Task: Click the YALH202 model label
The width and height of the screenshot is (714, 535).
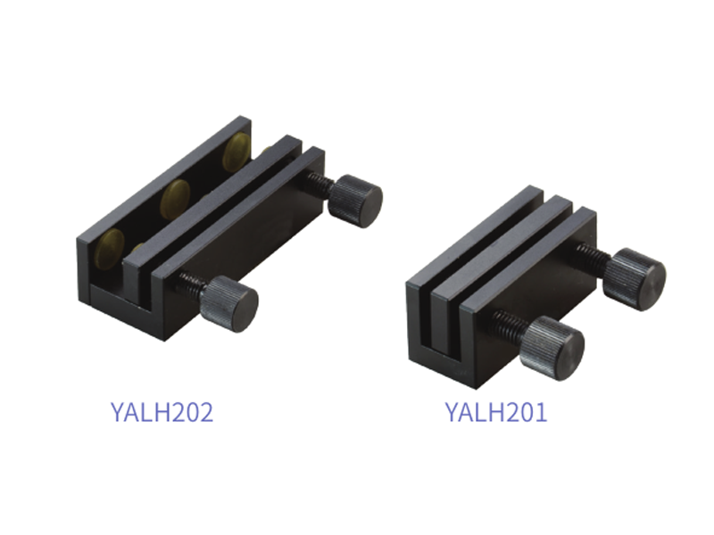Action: pyautogui.click(x=162, y=412)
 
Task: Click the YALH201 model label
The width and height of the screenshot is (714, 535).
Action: pyautogui.click(x=496, y=412)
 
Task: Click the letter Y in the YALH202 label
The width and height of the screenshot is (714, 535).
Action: pyautogui.click(x=118, y=412)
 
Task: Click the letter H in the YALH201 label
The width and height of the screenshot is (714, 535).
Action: pyautogui.click(x=496, y=412)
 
